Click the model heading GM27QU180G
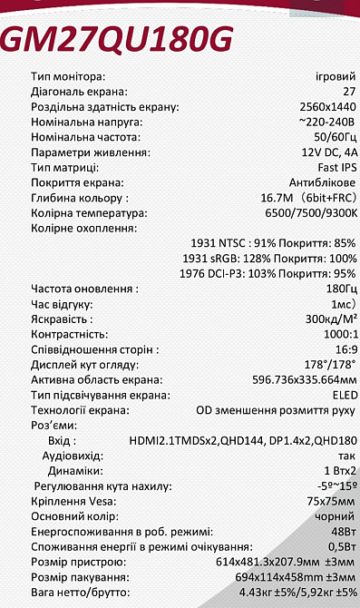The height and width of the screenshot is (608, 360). pyautogui.click(x=118, y=39)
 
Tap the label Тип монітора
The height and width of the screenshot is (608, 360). pyautogui.click(x=68, y=76)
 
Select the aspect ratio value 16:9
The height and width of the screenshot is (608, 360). pyautogui.click(x=345, y=349)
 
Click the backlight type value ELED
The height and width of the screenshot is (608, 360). pyautogui.click(x=344, y=395)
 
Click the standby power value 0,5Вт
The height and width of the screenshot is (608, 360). pyautogui.click(x=341, y=547)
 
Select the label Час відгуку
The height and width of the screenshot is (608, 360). pyautogui.click(x=62, y=304)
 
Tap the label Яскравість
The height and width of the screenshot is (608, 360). pyautogui.click(x=61, y=319)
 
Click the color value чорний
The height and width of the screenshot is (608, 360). pyautogui.click(x=337, y=516)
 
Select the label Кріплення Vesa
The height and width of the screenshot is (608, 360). pyautogui.click(x=73, y=501)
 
